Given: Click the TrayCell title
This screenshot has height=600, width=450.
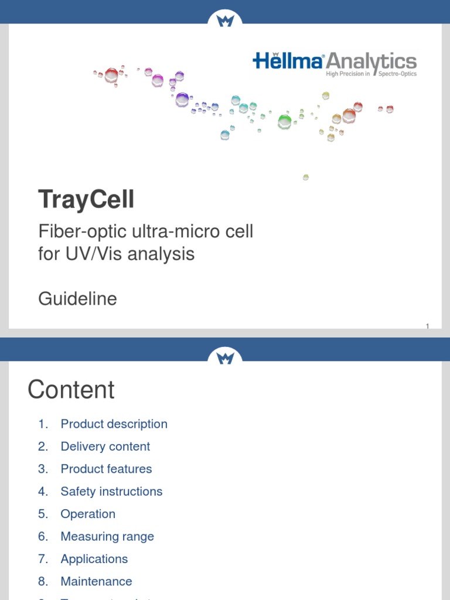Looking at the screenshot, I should point(86,200).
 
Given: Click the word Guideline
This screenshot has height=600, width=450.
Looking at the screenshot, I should point(77,299).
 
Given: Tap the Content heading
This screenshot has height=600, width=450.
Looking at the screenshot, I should point(71,390).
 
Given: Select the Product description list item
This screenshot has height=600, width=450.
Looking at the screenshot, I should point(114,424).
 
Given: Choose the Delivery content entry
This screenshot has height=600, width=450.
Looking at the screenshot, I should point(105,446).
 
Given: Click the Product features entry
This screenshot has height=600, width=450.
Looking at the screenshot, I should point(106,469).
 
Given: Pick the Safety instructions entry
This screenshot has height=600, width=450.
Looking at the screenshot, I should point(111,492).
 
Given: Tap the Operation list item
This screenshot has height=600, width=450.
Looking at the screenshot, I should point(88,514).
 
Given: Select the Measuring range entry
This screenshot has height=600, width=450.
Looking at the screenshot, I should point(107,537).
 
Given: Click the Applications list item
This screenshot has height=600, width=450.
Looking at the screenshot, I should point(94,559).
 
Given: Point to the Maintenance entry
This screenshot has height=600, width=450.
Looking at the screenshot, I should point(96,581).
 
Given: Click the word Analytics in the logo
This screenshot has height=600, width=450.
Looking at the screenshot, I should point(371,61).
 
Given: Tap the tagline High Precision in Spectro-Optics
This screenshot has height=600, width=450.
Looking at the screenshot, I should point(371,74).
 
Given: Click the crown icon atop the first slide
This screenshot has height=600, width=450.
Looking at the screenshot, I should point(225,21).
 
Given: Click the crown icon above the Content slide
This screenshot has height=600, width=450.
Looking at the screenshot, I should point(225,357).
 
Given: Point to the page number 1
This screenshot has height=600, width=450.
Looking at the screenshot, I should point(427,326).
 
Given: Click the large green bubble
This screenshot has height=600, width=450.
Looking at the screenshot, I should point(285,121).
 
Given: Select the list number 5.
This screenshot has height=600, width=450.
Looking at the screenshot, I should point(43,514).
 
